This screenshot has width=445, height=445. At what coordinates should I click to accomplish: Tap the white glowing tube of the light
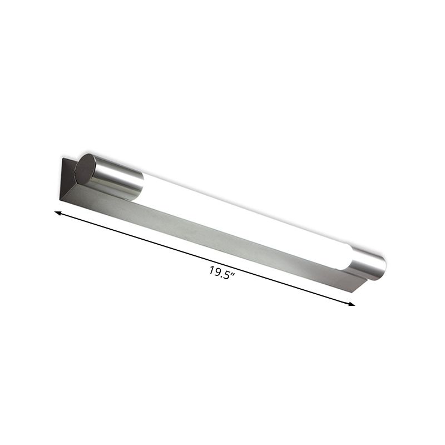click(245, 220)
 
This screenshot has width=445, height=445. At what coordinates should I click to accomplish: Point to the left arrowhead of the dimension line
click(57, 212)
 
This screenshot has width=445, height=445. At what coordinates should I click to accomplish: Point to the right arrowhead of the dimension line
click(352, 304)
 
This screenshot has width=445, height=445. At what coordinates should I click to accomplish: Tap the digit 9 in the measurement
click(217, 271)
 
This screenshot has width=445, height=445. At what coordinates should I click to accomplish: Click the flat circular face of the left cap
click(85, 170)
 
